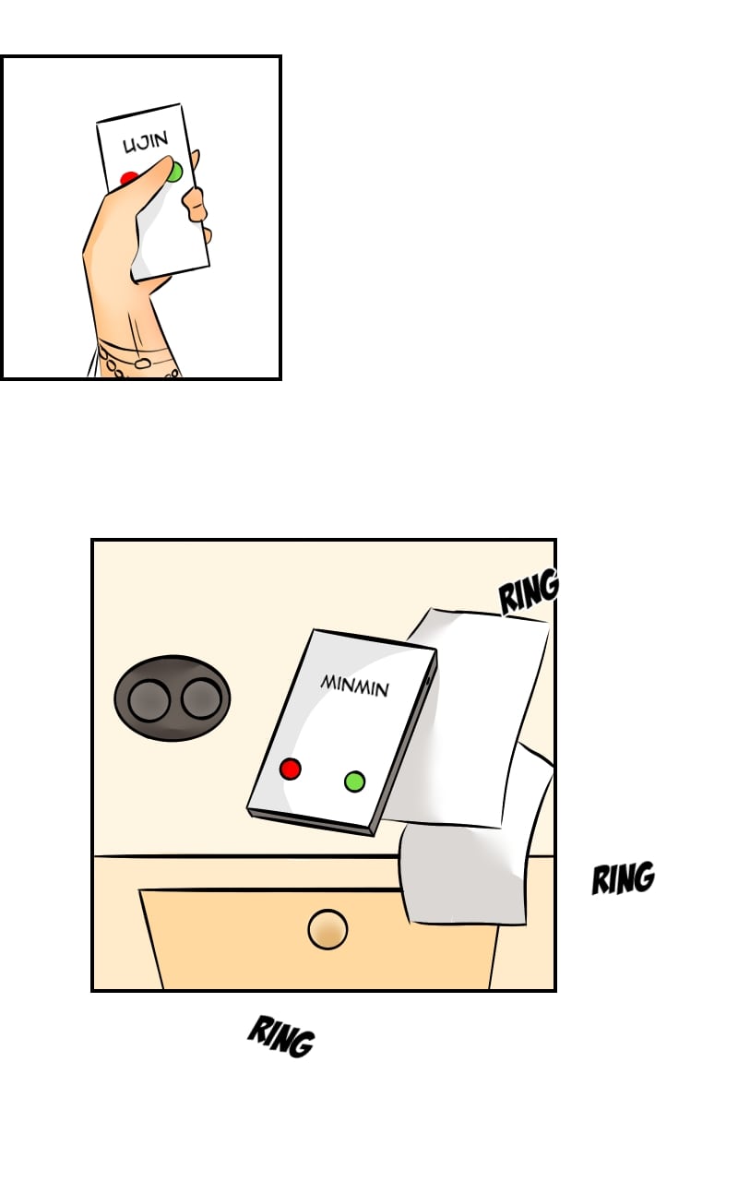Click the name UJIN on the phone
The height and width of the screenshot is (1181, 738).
[x=146, y=142]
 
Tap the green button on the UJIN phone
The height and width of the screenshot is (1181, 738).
[x=174, y=172]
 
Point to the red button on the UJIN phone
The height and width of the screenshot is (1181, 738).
[x=127, y=178]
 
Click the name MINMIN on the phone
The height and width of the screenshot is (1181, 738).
[x=355, y=686]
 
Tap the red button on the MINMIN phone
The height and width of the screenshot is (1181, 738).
[x=290, y=769]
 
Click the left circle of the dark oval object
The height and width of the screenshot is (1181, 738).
[x=149, y=700]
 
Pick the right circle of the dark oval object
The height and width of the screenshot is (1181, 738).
[x=201, y=698]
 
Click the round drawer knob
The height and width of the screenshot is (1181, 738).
[x=327, y=929]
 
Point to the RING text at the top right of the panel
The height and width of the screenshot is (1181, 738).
[x=529, y=591]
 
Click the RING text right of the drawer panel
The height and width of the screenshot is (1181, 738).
[x=623, y=877]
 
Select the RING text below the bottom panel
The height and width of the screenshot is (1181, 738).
[x=281, y=1036]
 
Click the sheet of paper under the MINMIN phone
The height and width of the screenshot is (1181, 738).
[x=474, y=717]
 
